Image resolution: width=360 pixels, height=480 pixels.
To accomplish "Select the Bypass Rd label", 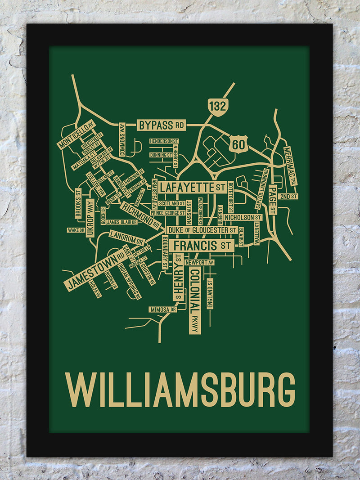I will click(x=162, y=125).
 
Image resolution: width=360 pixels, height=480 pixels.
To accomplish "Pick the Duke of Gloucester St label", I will click(x=202, y=230).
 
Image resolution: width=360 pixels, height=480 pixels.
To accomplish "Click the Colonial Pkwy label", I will click(x=194, y=301).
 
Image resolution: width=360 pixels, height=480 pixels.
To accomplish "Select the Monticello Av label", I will click(x=76, y=135).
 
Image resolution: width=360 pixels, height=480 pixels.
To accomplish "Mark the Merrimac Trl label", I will click(x=290, y=166).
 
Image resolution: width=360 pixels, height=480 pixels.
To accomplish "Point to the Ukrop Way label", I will click(x=90, y=218).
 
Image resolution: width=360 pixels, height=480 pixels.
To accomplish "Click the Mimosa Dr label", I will click(x=162, y=310).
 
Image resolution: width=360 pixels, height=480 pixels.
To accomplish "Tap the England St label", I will click(x=210, y=293).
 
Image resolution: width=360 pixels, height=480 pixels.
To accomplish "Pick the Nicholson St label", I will click(x=243, y=217).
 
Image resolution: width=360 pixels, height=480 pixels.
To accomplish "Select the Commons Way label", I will click(x=122, y=139).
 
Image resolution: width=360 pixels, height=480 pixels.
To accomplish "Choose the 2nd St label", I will click(x=288, y=197).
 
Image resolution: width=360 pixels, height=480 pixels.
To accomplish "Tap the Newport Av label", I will click(x=199, y=262).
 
